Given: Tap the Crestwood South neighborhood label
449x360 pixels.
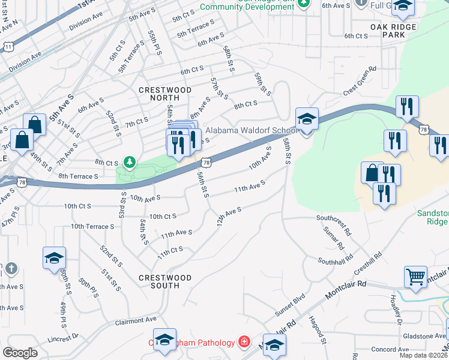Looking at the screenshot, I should point(165,281).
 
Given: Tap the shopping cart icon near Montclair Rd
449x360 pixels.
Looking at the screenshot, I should point(415,276).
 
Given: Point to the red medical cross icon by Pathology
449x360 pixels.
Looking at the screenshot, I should point(244,343).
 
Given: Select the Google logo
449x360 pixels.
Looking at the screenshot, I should point(20,353).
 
